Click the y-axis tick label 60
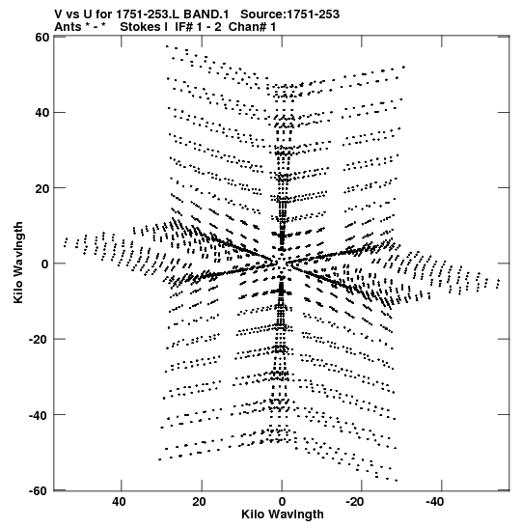tap(41, 37)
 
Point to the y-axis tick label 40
tap(41, 113)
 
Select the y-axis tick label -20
tap(41, 339)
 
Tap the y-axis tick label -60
tap(41, 490)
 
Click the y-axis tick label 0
tap(45, 264)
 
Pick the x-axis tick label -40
tap(434, 502)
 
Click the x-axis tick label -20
tap(354, 502)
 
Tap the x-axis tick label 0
tap(282, 502)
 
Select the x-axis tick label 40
tap(119, 502)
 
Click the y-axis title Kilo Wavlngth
tap(18, 263)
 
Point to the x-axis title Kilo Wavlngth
tap(283, 514)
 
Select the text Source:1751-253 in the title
tap(289, 14)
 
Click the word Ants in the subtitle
tap(68, 27)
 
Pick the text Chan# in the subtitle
tap(247, 27)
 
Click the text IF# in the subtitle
tap(184, 27)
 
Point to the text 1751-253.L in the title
tap(148, 14)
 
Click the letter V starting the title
tap(58, 14)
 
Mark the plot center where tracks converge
tap(282, 264)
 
